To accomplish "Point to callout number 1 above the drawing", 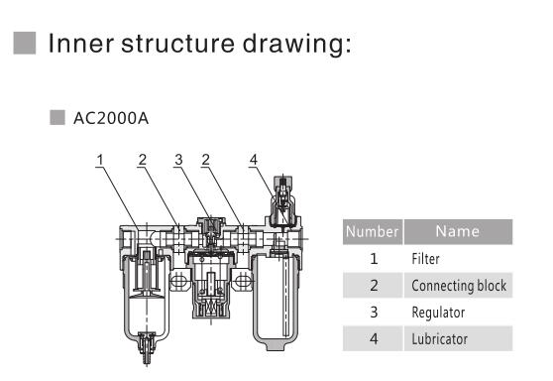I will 99,160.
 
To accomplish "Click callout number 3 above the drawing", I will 178,160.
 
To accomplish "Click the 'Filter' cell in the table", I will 426,259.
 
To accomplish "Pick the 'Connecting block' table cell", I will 459,286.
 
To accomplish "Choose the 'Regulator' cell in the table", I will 437,312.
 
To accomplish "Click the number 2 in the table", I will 373,286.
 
